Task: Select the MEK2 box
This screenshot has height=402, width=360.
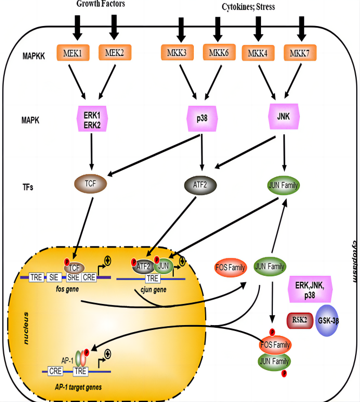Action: coord(115,53)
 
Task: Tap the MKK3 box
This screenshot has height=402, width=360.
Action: coord(178,53)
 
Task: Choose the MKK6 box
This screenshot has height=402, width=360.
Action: coord(220,53)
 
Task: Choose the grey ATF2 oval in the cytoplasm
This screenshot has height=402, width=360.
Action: coord(201,184)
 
